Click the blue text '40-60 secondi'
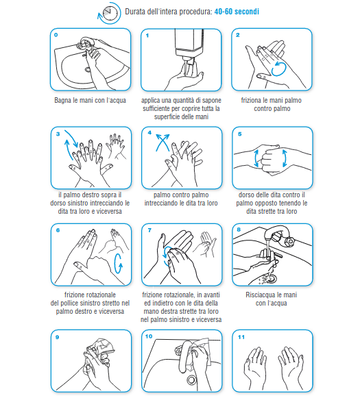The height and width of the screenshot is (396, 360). click(x=237, y=12)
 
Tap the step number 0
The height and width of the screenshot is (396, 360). click(x=56, y=35)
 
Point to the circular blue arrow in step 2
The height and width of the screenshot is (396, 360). click(x=278, y=69)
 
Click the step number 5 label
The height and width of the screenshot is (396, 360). click(x=240, y=134)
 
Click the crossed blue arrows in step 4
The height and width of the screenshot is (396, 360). click(x=163, y=143)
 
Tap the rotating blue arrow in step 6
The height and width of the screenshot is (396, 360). click(x=118, y=264)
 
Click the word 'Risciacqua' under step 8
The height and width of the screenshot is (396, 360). click(x=259, y=295)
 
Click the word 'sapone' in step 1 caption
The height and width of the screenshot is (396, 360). click(x=212, y=101)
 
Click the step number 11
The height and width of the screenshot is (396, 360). click(x=241, y=337)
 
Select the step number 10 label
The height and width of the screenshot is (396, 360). click(x=149, y=336)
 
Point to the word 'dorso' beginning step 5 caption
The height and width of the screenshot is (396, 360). click(x=246, y=195)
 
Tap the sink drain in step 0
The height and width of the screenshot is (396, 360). click(x=88, y=69)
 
